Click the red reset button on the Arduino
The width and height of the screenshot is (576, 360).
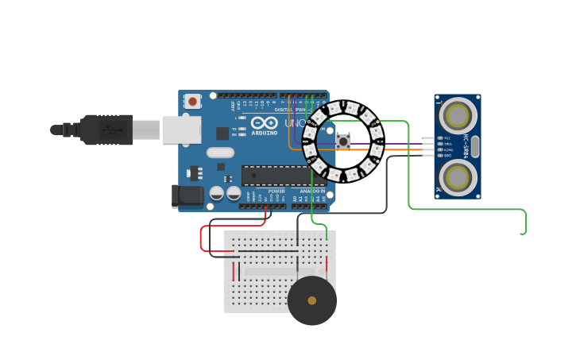point(192,101)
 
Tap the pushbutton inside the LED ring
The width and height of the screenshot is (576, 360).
point(344,141)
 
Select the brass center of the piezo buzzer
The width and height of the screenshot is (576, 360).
point(312,300)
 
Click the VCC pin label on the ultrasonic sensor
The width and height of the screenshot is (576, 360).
point(447,138)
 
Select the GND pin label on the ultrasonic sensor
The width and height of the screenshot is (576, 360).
point(447,155)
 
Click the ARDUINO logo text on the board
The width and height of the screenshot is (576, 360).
point(265,133)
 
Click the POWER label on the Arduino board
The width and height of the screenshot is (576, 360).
point(276,191)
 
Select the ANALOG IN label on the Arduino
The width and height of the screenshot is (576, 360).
point(312,191)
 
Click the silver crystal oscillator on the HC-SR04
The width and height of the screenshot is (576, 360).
point(475,147)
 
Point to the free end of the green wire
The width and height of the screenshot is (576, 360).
point(523,234)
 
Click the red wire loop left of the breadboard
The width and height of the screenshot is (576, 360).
point(203,238)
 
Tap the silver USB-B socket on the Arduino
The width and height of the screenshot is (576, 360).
point(182,130)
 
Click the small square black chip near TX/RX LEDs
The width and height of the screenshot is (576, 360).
point(222,134)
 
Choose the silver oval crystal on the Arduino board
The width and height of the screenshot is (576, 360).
point(220,152)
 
